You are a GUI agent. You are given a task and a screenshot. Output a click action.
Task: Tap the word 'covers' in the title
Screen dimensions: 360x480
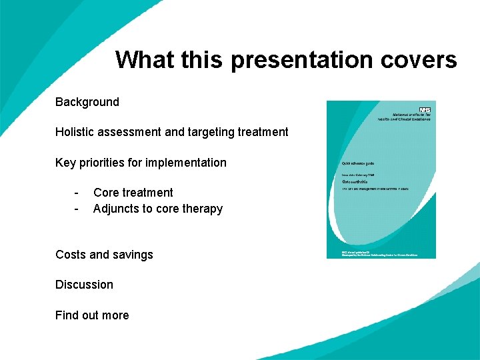click(419, 60)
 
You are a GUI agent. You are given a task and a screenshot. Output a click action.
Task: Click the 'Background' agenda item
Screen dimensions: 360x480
click(87, 102)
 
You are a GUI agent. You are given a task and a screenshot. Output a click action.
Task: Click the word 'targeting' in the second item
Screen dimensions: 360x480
click(209, 132)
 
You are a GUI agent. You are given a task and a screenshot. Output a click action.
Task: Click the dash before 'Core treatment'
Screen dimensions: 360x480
click(77, 193)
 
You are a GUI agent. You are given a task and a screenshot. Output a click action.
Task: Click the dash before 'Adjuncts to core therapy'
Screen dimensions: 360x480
click(77, 209)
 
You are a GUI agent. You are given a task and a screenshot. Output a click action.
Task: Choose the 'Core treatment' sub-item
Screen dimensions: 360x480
click(133, 193)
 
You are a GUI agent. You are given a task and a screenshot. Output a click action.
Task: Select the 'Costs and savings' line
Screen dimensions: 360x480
click(104, 255)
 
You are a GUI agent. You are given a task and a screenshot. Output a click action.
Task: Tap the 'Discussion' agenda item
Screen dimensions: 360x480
click(84, 285)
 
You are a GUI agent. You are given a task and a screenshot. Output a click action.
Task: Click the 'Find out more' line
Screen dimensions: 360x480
click(92, 315)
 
